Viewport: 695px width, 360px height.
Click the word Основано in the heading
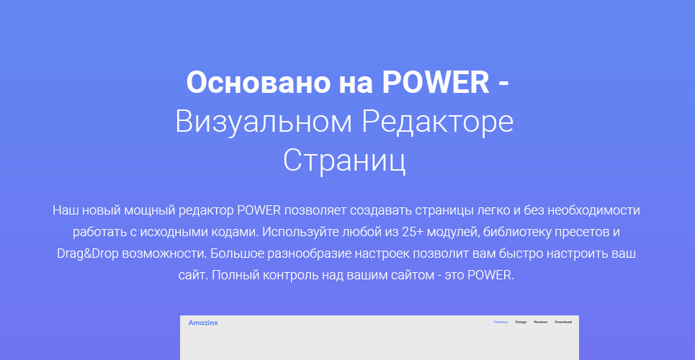pos(259,83)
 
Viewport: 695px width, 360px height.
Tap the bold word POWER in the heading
pos(436,83)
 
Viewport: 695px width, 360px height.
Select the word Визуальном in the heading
pos(264,122)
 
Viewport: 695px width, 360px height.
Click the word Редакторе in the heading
pos(438,122)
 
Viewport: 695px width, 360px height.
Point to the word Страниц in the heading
pos(344,161)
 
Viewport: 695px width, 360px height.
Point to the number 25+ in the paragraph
pos(412,232)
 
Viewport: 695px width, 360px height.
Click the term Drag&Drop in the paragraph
pos(88,254)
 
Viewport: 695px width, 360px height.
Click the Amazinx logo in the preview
pos(203,323)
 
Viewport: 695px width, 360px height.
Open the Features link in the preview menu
pos(501,323)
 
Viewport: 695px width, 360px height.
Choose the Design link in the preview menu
pos(521,323)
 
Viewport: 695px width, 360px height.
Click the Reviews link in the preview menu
pos(541,323)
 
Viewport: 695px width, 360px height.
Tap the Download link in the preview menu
pos(563,323)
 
